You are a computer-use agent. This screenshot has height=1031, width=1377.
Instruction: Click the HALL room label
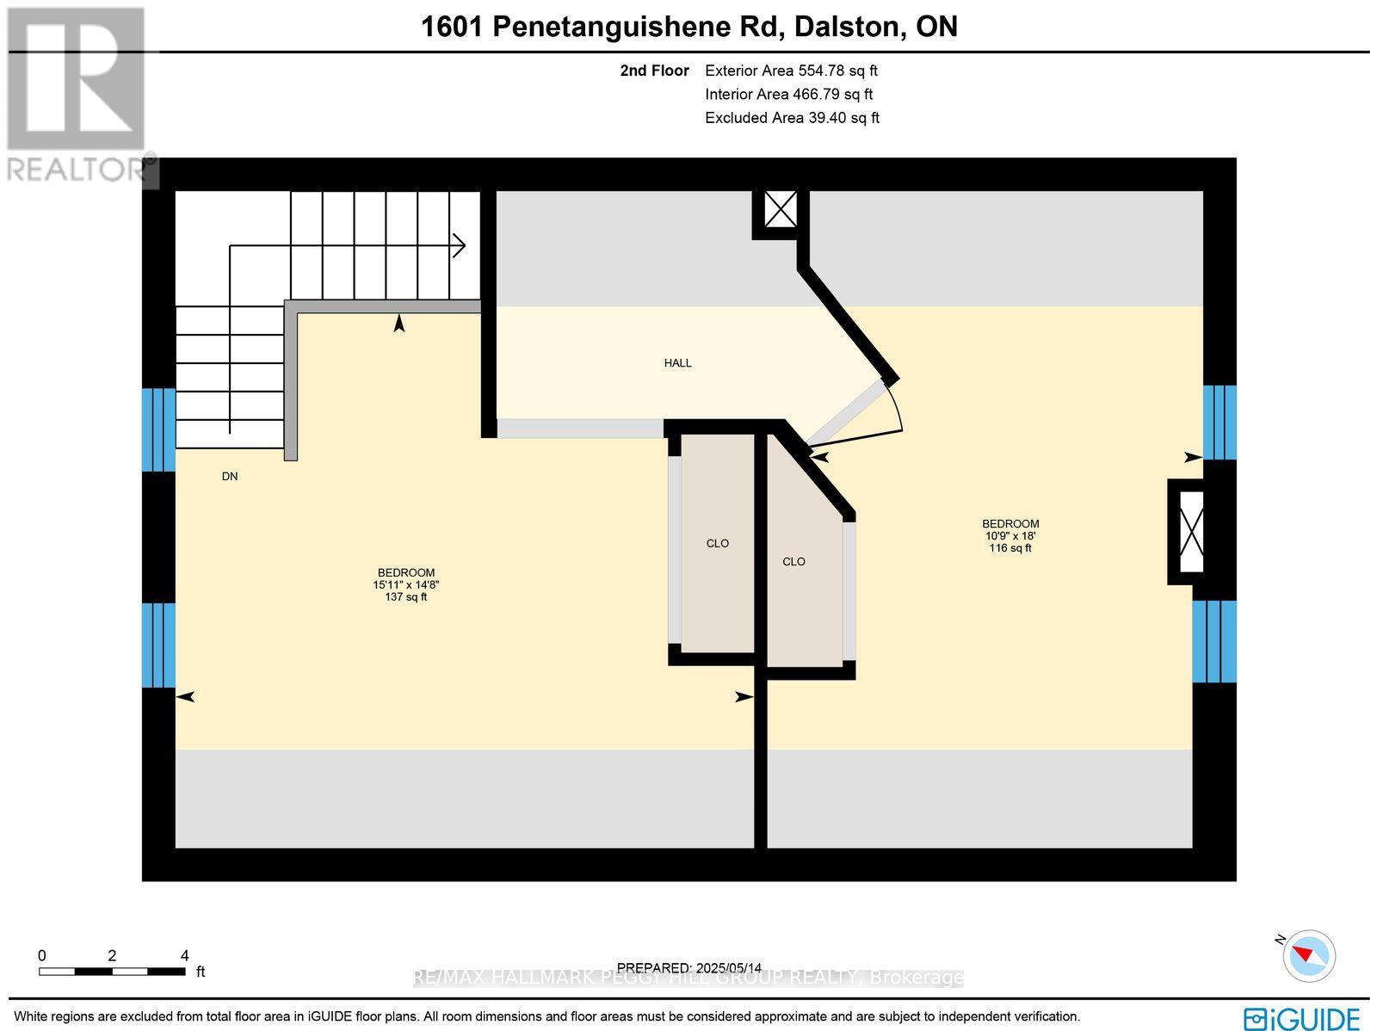(677, 363)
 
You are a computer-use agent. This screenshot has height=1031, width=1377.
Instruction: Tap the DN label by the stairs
(230, 476)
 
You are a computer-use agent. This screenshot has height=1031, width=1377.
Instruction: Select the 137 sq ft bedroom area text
(406, 596)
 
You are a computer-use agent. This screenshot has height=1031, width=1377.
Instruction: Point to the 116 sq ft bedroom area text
(1010, 548)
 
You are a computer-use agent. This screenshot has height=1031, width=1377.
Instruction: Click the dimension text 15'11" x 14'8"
(406, 584)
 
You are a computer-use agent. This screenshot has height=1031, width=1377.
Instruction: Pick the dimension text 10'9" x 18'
(1010, 535)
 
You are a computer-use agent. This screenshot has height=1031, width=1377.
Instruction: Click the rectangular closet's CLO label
(717, 543)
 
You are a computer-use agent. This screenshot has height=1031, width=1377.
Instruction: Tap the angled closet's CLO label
(793, 562)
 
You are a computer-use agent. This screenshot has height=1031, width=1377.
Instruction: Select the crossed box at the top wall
(781, 209)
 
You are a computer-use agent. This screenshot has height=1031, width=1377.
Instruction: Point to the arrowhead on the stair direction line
(460, 246)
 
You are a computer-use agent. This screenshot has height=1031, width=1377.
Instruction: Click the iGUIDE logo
(1302, 1018)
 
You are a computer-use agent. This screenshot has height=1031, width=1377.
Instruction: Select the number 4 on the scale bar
(185, 955)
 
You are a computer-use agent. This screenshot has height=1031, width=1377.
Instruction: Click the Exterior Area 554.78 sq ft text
(791, 71)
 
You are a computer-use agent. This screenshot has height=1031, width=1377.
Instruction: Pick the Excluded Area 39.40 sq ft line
(792, 118)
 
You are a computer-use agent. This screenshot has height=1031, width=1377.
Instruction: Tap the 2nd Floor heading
(654, 71)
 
